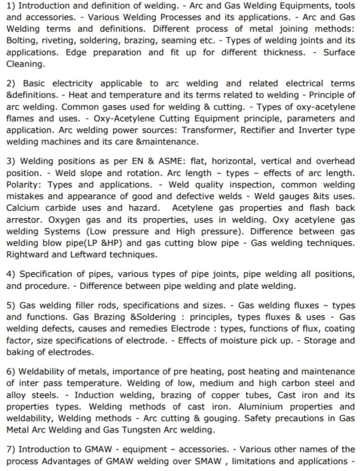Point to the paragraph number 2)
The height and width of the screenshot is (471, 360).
(x=12, y=83)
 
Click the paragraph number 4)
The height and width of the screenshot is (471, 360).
(x=12, y=275)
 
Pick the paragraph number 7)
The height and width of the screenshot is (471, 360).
(x=12, y=448)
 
